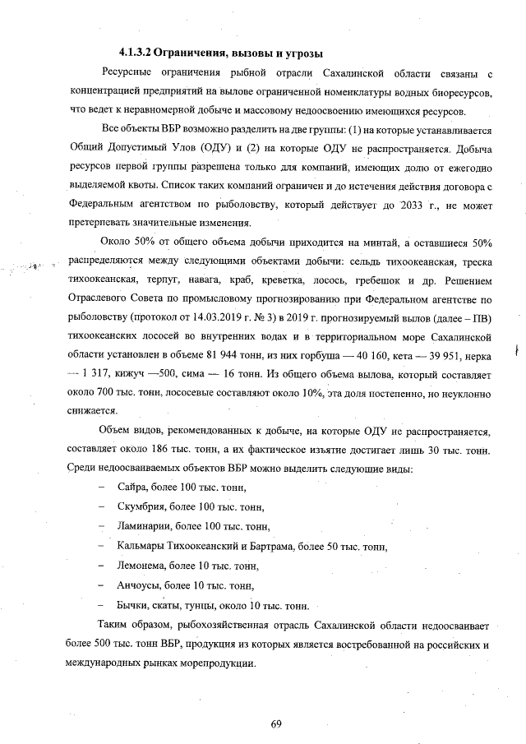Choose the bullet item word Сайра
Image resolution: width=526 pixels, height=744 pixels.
click(x=133, y=488)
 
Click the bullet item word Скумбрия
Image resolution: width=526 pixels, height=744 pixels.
click(x=141, y=508)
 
